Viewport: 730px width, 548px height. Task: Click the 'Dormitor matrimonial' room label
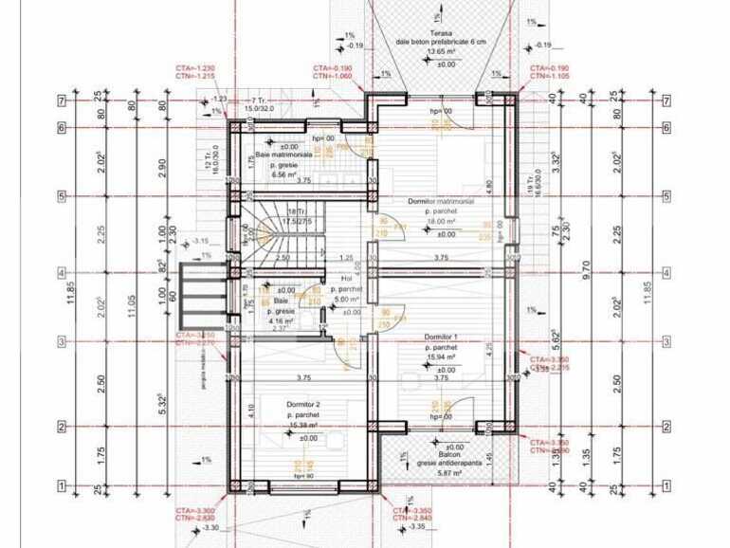coord(441,202)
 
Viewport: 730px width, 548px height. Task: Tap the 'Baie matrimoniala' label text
coord(283,155)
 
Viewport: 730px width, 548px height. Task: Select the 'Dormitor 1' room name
coord(441,337)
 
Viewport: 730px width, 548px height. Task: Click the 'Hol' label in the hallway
coord(346,279)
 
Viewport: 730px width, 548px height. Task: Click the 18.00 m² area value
coord(441,220)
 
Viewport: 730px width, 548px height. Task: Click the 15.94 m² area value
coord(441,357)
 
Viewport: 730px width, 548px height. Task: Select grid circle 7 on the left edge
coord(61,100)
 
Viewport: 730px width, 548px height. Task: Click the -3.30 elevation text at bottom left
coord(210,528)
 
